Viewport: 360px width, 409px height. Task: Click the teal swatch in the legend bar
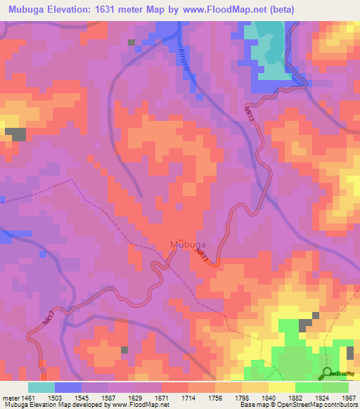(x=41, y=387)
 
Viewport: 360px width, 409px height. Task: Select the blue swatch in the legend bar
(x=68, y=387)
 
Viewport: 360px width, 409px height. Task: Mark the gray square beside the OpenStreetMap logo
(x=350, y=352)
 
